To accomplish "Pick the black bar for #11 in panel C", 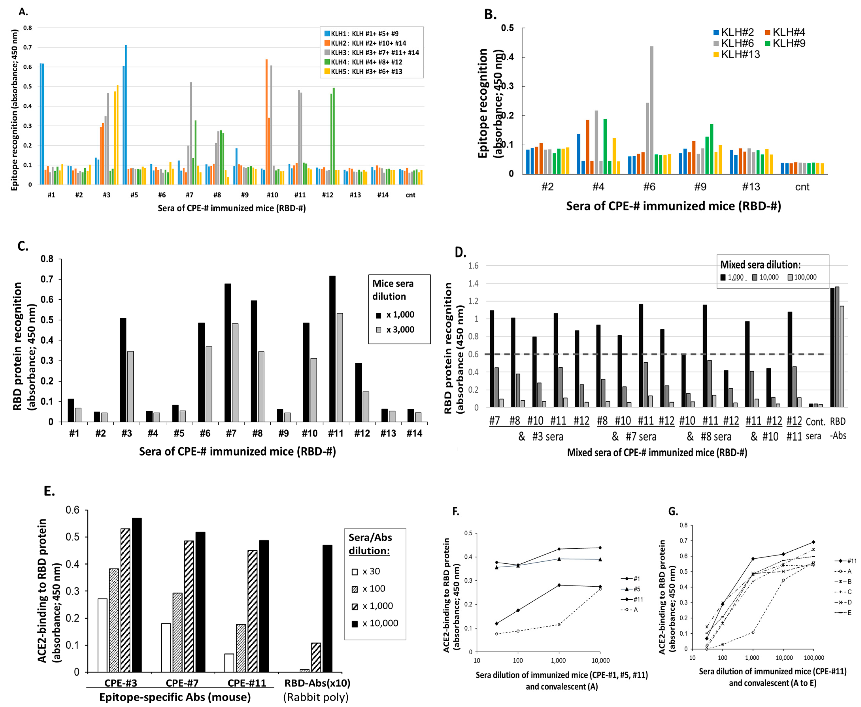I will click(x=333, y=349).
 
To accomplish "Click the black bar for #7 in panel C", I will click(x=228, y=352).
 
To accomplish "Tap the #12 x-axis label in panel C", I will click(x=362, y=433).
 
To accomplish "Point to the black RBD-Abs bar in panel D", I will click(x=832, y=347).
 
